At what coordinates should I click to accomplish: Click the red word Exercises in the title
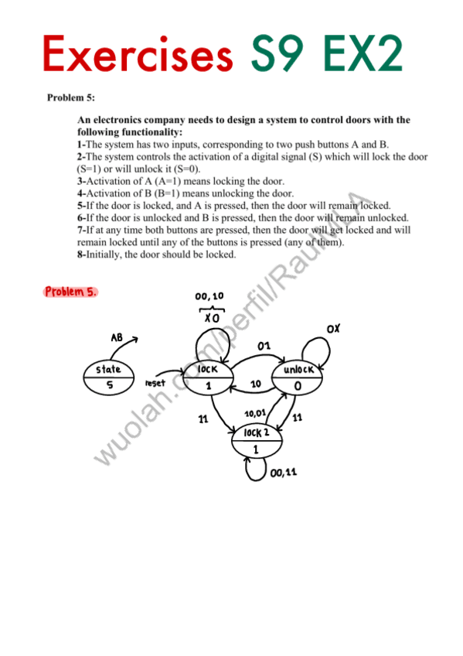pyautogui.click(x=137, y=54)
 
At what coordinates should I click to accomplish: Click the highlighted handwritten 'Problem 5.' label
pyautogui.click(x=71, y=292)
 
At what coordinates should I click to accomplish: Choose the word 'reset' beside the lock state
pyautogui.click(x=156, y=383)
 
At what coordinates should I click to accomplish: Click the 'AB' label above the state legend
pyautogui.click(x=117, y=338)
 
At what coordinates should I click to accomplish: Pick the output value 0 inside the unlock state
pyautogui.click(x=298, y=386)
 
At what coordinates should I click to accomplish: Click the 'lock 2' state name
pyautogui.click(x=257, y=432)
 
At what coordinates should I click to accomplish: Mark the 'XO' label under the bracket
pyautogui.click(x=212, y=317)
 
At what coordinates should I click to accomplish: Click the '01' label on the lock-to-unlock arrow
pyautogui.click(x=264, y=346)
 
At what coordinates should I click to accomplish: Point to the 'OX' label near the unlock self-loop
pyautogui.click(x=333, y=330)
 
